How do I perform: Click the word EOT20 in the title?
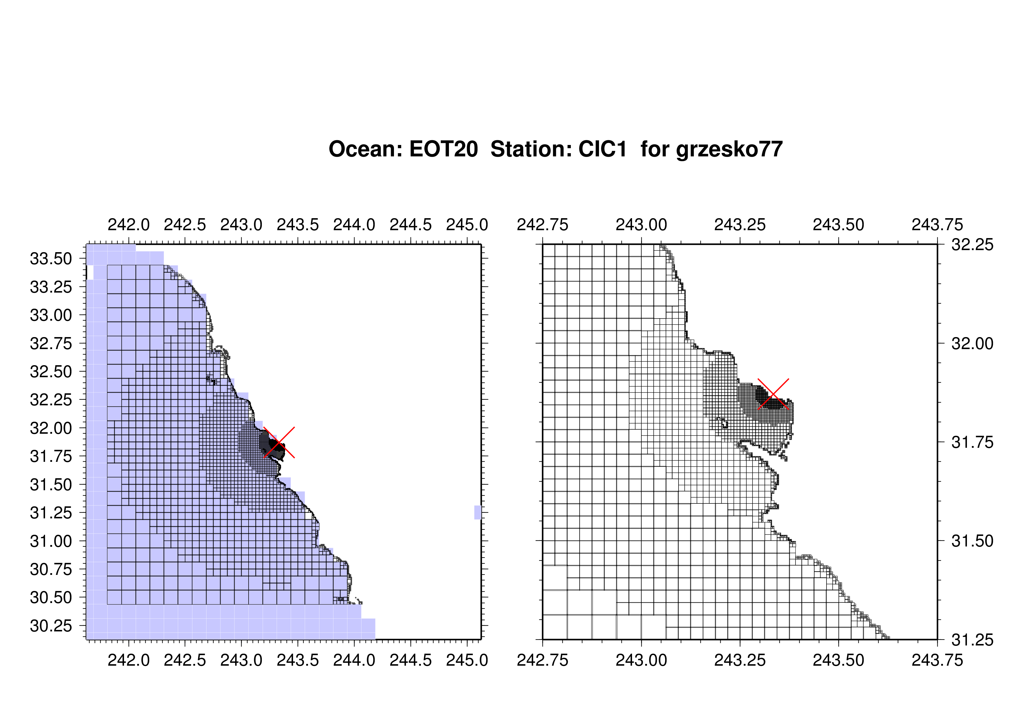point(443,149)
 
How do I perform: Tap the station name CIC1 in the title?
point(603,149)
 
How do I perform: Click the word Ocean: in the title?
point(365,149)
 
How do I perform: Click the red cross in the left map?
point(279,443)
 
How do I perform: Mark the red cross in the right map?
point(773,394)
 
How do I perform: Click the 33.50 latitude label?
point(51,259)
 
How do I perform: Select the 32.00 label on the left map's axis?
point(51,428)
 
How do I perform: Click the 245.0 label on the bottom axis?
point(467,660)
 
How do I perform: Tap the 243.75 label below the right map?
point(937,660)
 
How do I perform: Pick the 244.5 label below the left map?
point(411,660)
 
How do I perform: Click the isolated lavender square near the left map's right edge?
point(478,512)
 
